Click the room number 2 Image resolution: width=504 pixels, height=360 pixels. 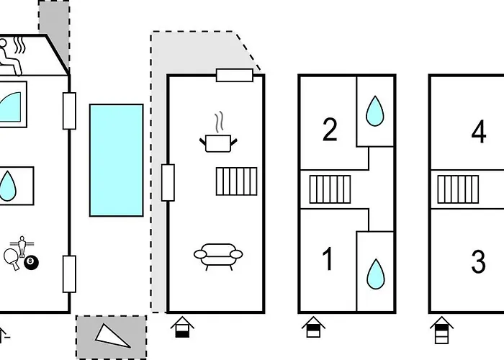coord(330,130)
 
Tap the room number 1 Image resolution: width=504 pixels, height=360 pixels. coord(328,259)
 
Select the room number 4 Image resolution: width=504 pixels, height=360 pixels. coord(479,132)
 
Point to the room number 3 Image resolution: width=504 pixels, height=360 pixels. coord(478,262)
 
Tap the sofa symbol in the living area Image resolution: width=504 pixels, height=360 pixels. coord(218,256)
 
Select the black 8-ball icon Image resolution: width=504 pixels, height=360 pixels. coord(31,262)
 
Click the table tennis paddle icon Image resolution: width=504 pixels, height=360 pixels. coord(12,258)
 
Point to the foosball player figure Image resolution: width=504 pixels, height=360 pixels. coord(22,246)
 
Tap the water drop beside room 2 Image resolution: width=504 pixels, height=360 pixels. coord(375,111)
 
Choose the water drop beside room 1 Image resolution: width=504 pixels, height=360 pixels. coord(376,274)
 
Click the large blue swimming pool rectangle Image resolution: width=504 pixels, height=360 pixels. coord(117,160)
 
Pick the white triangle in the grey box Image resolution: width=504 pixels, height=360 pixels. coord(112,336)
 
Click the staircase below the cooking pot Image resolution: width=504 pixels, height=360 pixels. coord(237,181)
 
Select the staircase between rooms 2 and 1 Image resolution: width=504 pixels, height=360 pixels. coord(330,189)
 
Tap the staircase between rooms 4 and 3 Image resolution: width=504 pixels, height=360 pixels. coord(458,189)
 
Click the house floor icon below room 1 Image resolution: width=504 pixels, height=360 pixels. coord(313,327)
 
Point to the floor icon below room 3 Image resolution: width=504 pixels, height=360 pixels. coord(441,330)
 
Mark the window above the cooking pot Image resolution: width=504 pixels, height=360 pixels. coord(235,75)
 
